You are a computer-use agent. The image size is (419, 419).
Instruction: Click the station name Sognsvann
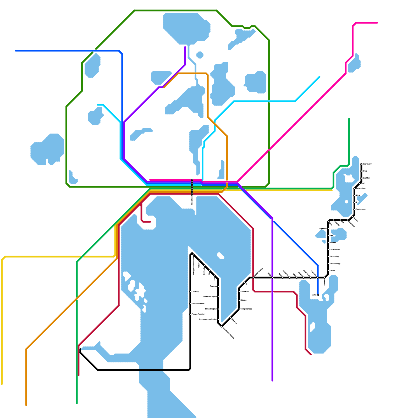pos(367,164)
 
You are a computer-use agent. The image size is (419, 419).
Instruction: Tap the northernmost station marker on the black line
pos(361,164)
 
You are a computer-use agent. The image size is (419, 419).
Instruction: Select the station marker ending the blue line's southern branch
pos(318,295)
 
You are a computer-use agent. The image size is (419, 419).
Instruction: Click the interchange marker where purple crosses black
pos(272,278)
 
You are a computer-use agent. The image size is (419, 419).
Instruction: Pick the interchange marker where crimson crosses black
pos(253,278)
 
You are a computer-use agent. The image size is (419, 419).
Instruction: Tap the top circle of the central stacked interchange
pos(192,180)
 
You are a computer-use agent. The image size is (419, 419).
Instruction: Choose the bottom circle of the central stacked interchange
pos(192,194)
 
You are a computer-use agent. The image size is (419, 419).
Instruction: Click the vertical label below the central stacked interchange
pos(192,200)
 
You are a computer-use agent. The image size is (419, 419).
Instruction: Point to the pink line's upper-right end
pos(377,23)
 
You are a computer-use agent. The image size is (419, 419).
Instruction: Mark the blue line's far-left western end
pos(16,51)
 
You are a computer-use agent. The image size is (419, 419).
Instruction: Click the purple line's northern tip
pos(185,47)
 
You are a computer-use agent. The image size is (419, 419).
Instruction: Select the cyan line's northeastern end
pos(319,77)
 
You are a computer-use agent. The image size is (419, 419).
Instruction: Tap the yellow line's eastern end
pos(332,190)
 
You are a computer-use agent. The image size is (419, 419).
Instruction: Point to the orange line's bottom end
pos(26,405)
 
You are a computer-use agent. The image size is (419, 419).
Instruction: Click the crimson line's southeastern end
pos(311,355)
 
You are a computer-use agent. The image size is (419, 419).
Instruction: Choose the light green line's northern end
pos(349,119)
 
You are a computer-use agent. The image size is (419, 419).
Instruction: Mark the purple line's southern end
pos(272,381)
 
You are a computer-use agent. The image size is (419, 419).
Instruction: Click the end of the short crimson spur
pos(150,222)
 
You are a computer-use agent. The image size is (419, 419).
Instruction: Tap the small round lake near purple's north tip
pos(200,55)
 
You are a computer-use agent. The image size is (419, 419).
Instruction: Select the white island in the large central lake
pos(221,256)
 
